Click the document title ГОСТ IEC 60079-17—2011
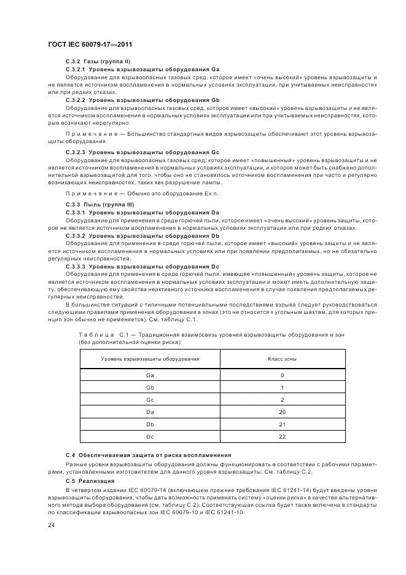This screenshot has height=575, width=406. tap(91, 45)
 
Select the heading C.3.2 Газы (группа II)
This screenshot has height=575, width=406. tap(98, 63)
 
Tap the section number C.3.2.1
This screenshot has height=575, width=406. tap(76, 70)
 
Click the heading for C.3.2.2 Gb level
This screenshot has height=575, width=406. tap(142, 100)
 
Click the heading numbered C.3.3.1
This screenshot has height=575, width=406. tap(76, 212)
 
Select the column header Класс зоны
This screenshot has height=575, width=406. tap(283, 358)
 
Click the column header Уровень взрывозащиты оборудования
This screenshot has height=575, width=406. tap(150, 358)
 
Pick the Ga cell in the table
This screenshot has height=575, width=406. tap(150, 375)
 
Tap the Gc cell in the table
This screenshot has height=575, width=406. tap(150, 400)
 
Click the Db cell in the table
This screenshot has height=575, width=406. tap(150, 424)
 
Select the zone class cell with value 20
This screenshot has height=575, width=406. tap(283, 412)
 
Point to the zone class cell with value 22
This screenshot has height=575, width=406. tap(283, 437)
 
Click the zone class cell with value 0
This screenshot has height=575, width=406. tap(283, 375)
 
